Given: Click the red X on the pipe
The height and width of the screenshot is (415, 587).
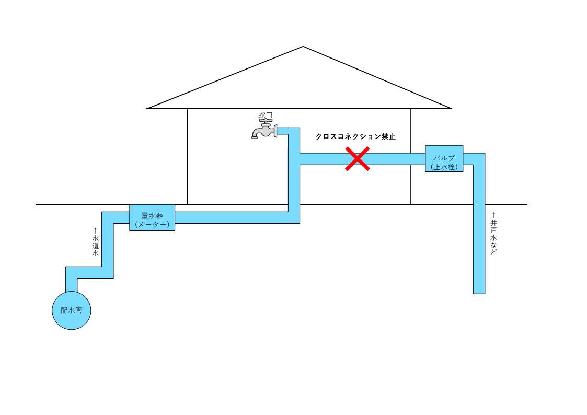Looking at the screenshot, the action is [x=357, y=159].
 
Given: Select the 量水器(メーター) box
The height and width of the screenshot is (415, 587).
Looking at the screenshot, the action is [x=152, y=217].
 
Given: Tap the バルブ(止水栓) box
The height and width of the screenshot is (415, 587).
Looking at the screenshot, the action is [x=444, y=158].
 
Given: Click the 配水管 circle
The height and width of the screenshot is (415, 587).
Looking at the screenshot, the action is [x=72, y=310].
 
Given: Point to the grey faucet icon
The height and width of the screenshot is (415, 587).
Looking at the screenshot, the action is [x=264, y=130].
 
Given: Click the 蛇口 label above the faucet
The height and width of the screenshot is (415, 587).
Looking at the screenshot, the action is [x=266, y=116].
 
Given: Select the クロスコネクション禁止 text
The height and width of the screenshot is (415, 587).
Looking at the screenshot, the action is [x=355, y=136].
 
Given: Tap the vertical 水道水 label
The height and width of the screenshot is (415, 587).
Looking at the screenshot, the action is [x=96, y=246].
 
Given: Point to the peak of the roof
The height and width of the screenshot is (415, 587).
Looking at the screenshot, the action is [x=303, y=47].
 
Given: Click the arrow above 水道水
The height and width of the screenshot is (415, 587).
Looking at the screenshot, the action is [x=96, y=230].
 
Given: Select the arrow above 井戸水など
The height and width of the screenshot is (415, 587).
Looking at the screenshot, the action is [x=494, y=215].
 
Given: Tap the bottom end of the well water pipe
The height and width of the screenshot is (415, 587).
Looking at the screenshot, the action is [x=479, y=294].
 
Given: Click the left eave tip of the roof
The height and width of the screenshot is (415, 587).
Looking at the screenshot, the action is [x=147, y=109].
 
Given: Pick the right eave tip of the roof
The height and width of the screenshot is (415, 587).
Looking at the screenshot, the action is [x=451, y=109].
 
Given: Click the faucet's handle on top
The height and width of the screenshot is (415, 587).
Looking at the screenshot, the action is [x=266, y=121].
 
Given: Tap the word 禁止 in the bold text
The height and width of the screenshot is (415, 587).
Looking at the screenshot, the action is [x=388, y=136].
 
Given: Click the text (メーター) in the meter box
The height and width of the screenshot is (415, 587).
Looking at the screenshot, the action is [x=152, y=224].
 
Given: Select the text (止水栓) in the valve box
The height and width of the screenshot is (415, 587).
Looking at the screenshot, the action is [x=444, y=167].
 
